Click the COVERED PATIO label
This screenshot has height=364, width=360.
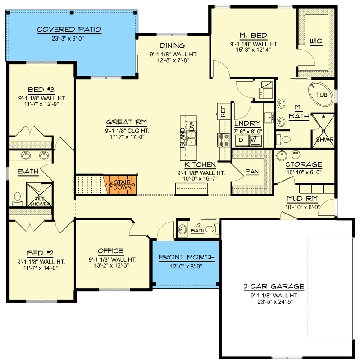[69, 29]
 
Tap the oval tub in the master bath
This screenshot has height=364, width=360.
[320, 94]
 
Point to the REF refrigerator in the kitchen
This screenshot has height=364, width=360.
[223, 111]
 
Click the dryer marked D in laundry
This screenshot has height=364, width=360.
[242, 140]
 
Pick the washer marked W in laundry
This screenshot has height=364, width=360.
[255, 140]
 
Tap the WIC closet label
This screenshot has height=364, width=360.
[316, 41]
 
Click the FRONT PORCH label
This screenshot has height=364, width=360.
[187, 257]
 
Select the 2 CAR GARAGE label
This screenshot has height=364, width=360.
[274, 287]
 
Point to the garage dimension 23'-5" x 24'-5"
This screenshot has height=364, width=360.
[275, 302]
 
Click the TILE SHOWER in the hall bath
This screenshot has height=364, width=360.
[40, 195]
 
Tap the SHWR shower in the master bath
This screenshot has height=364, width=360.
[324, 131]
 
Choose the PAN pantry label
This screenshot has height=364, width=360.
[252, 172]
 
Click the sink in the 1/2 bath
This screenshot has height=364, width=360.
[182, 229]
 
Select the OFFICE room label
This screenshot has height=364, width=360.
[111, 251]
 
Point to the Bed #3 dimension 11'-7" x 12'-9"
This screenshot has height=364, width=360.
[41, 104]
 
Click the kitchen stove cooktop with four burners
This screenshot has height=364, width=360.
[223, 140]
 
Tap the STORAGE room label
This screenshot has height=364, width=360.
[304, 164]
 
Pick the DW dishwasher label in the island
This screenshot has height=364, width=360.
[192, 126]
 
